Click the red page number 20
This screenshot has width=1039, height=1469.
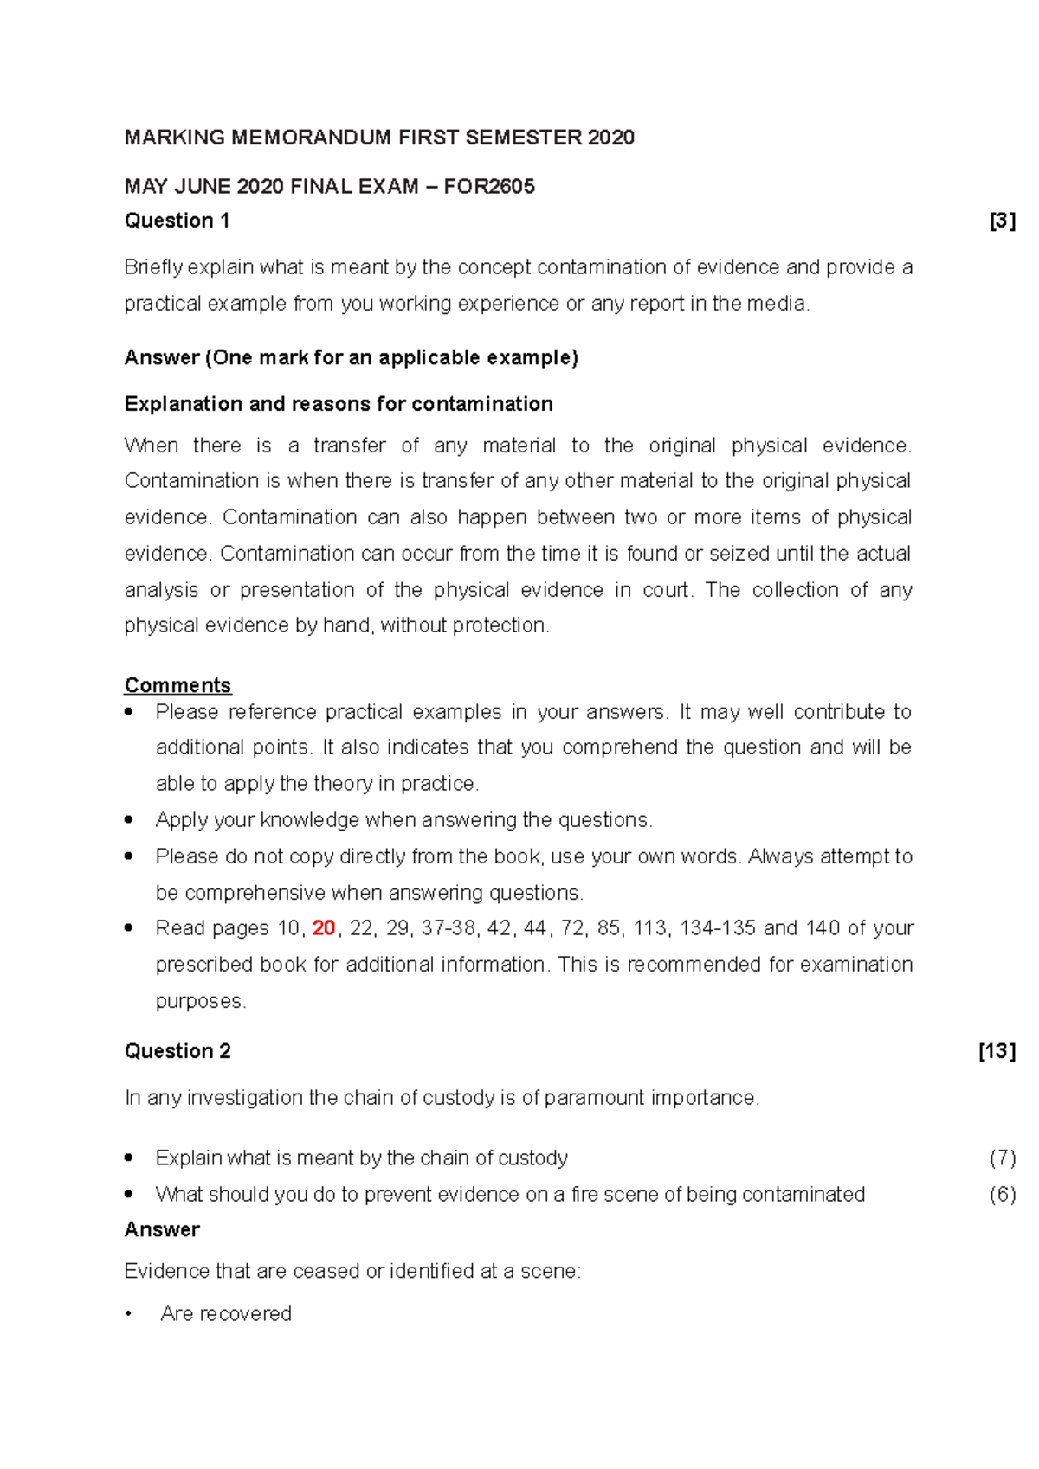[x=323, y=928]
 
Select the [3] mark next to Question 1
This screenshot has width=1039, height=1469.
[x=1002, y=221]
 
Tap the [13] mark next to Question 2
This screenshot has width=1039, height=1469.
[x=997, y=1051]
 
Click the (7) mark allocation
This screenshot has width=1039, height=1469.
[x=1002, y=1158]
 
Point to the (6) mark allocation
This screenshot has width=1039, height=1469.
[x=1002, y=1195]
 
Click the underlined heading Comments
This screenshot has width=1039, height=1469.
[x=177, y=685]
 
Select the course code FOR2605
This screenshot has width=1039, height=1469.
[x=489, y=187]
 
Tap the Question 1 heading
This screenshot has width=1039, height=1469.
[x=177, y=221]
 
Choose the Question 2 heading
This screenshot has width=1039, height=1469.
[x=177, y=1051]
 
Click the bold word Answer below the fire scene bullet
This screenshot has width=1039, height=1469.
[x=162, y=1229]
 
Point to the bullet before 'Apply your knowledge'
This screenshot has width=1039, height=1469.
[x=129, y=819]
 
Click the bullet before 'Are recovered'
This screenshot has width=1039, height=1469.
[x=129, y=1314]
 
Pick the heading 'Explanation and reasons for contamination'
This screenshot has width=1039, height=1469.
[x=339, y=404]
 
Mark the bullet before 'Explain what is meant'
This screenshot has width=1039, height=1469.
[x=129, y=1158]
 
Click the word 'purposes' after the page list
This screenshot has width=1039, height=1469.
[x=199, y=1002]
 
